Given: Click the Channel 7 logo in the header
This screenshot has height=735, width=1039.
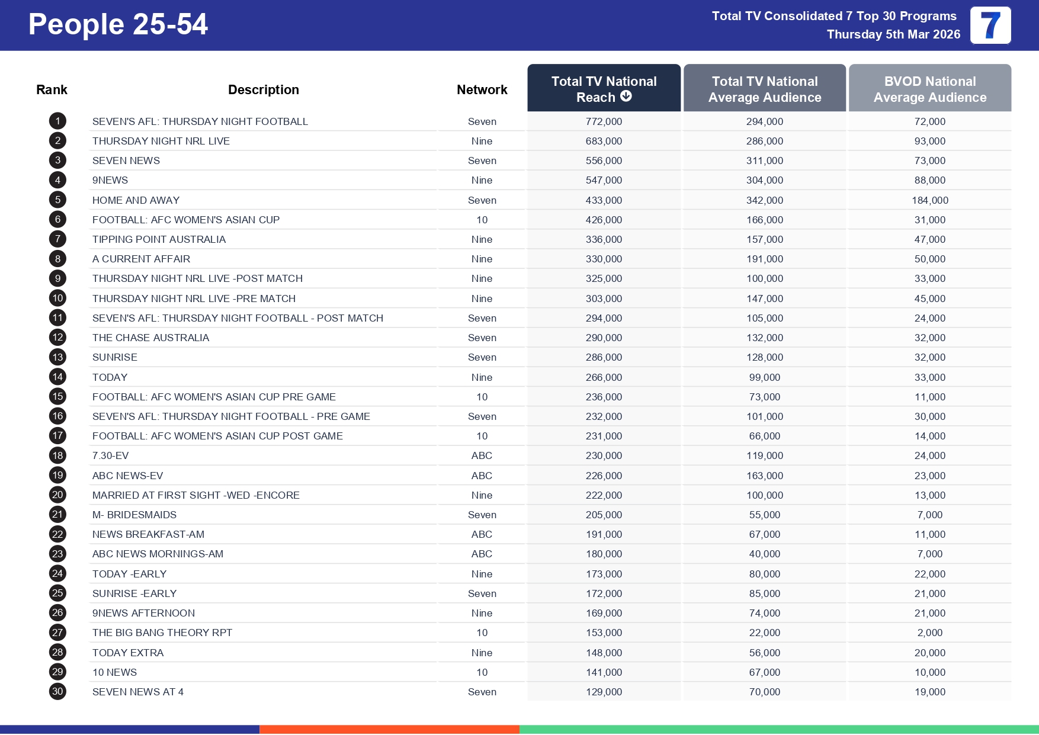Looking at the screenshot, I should coord(990,25).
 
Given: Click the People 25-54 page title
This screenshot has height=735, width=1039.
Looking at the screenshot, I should coord(118,25).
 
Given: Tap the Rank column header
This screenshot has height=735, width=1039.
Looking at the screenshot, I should coord(52,89).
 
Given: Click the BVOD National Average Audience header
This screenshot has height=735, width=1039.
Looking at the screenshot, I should coord(929,89).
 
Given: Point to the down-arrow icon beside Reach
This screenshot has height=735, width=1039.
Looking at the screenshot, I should coord(626,96).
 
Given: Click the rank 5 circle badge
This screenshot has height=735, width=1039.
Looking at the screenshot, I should coord(57,200).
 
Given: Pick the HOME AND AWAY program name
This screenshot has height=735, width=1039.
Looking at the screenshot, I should coord(136,200).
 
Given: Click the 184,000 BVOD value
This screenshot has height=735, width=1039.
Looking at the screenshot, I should coord(929,200).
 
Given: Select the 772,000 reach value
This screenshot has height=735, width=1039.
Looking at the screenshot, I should coord(604,121).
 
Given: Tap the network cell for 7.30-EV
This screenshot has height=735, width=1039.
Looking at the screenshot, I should coord(482,455).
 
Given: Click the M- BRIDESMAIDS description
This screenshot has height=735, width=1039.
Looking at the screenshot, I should coord(134,515).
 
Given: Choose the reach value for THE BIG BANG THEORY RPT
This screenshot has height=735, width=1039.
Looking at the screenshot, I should coord(604,633).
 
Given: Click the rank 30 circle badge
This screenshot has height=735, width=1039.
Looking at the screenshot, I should coord(57,691).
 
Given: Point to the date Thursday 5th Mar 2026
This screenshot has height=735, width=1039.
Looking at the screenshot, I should coord(893,34).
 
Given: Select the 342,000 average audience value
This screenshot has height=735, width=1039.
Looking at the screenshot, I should coord(764,200).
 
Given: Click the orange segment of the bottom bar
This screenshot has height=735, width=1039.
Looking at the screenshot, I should coord(389,730).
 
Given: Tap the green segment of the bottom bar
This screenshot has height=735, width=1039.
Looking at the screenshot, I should coord(778,730).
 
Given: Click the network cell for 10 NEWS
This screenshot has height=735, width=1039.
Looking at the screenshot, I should coord(482,672).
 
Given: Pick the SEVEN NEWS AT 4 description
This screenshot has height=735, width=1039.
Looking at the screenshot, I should coord(138,692).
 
